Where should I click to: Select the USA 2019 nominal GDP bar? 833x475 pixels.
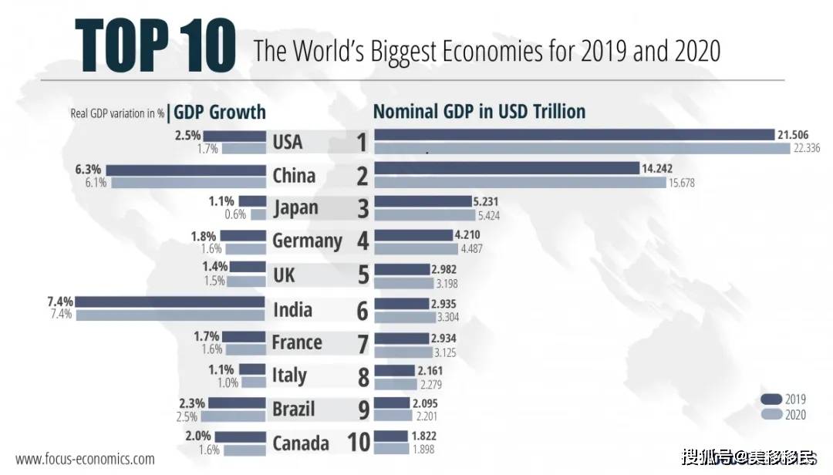574,135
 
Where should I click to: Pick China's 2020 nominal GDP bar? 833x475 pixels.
520,183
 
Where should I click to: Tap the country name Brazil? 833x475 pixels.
293,409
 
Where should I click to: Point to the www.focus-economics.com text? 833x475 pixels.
85,459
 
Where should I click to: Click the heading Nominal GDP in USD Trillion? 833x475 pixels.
479,111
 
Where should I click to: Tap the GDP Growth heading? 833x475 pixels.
220,112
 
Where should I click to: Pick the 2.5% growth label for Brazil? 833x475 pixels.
188,417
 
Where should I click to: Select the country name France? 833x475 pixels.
297,342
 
